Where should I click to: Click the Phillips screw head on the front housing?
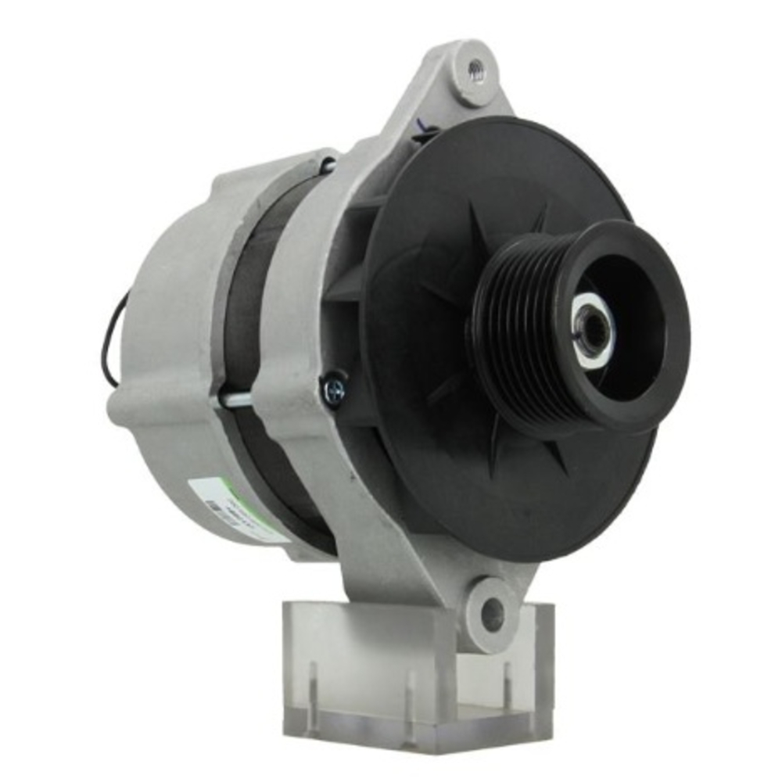click(x=333, y=389)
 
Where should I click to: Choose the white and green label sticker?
click(x=235, y=508)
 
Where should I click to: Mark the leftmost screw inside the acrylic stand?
click(x=313, y=688)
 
